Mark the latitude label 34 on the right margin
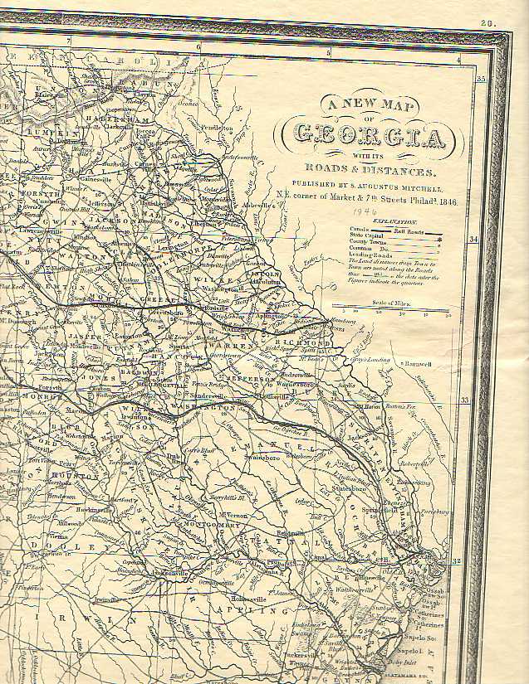(x=474, y=240)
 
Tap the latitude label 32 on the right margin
(x=456, y=561)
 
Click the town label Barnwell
(x=419, y=364)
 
